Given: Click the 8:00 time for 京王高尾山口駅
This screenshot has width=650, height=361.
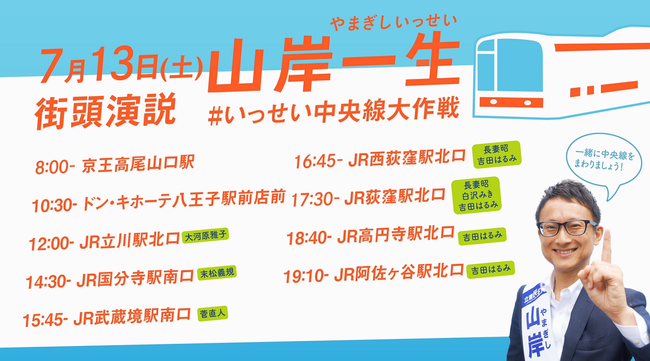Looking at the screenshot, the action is [54, 166].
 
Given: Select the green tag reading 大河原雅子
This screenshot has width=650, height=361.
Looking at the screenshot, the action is [205, 235].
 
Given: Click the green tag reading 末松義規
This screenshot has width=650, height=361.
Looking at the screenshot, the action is [217, 273].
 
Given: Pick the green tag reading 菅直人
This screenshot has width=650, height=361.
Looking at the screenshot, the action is [212, 314].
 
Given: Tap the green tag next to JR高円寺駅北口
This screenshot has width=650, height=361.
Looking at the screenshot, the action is [482, 236].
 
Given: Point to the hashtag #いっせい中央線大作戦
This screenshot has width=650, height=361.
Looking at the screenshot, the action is [333, 111].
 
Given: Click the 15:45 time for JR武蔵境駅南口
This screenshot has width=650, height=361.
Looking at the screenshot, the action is [45, 320].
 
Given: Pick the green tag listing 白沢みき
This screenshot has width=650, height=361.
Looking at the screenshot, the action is [477, 195].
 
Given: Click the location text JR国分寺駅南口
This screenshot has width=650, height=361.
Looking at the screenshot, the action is [135, 279].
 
